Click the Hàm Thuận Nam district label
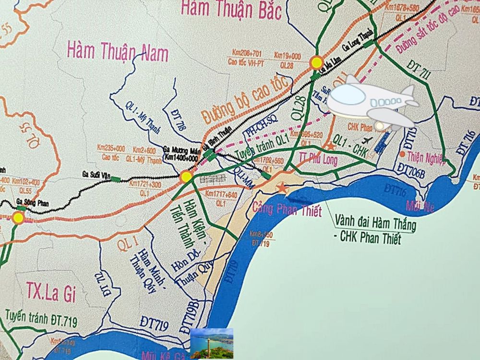coord(118,50)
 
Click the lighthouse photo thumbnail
coord(212,343)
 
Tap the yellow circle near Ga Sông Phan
coord(18,217)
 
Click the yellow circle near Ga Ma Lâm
coord(316,62)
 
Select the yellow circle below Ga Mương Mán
coord(186,177)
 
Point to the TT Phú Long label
coord(318,159)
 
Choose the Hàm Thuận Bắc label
coord(230,9)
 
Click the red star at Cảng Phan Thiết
coord(283,189)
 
